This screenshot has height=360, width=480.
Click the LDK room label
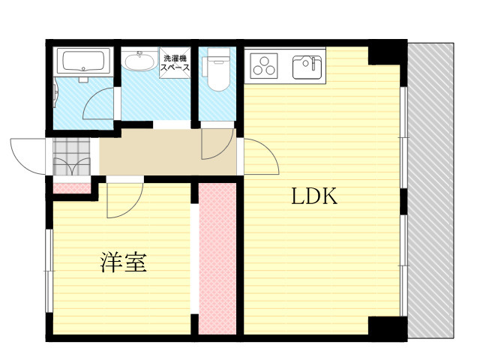(x=314, y=196)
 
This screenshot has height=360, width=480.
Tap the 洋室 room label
(x=124, y=262)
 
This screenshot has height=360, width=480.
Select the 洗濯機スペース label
(x=175, y=63)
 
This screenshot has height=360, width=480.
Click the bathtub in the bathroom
(x=83, y=61)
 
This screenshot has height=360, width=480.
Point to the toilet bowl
(x=217, y=70)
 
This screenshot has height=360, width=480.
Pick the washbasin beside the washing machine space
(x=139, y=61)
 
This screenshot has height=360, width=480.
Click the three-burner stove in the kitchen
(x=263, y=64)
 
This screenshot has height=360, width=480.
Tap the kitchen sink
(x=307, y=67)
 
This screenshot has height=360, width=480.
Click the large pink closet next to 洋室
(x=217, y=259)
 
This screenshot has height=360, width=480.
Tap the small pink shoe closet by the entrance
(x=72, y=188)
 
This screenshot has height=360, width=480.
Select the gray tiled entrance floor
(x=72, y=157)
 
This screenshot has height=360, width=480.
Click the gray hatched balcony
(x=430, y=190)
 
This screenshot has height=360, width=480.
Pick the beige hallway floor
(x=168, y=152)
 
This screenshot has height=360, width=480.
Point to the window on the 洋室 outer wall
(x=49, y=271)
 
